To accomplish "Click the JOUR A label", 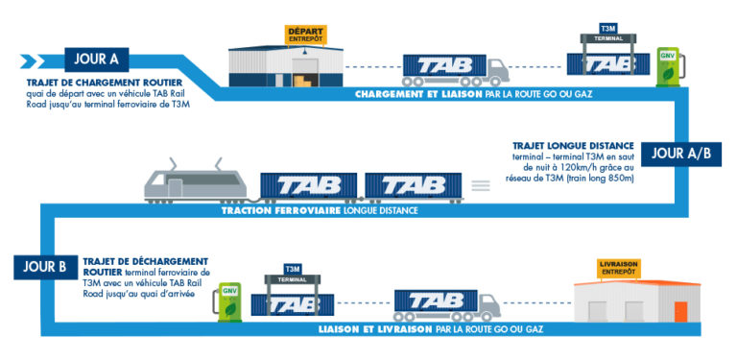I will pos(95,60).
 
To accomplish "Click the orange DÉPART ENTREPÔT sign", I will pos(306,35).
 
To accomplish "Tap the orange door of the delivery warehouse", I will pos(681,311).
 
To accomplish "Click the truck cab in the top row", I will pos(495,68).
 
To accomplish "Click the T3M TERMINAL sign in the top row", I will pos(606,33).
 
